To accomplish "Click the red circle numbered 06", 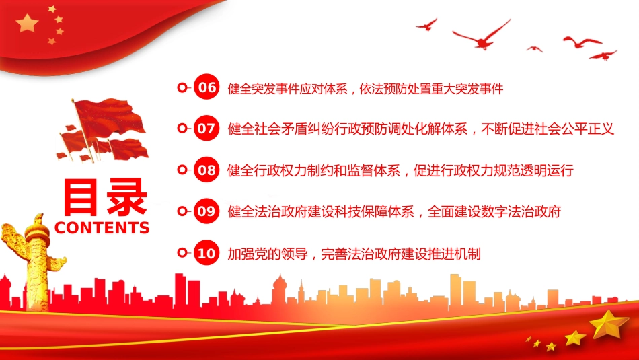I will click(206, 88).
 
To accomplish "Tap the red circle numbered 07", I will click(206, 129).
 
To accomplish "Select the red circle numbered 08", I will click(206, 170).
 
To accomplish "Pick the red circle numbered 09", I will click(206, 212).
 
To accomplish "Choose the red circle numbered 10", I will click(206, 254).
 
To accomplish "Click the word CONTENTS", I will click(102, 227).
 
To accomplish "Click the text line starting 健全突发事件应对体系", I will click(366, 88).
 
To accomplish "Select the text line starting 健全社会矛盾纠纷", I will click(421, 129).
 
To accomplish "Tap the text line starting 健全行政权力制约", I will click(401, 170).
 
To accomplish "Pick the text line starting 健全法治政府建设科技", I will click(394, 212).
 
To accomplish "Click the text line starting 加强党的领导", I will click(354, 254).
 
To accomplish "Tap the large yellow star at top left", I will click(28, 24).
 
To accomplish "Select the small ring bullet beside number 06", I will click(182, 88).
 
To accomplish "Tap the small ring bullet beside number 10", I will click(182, 254).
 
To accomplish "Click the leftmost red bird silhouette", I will click(426, 24).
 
